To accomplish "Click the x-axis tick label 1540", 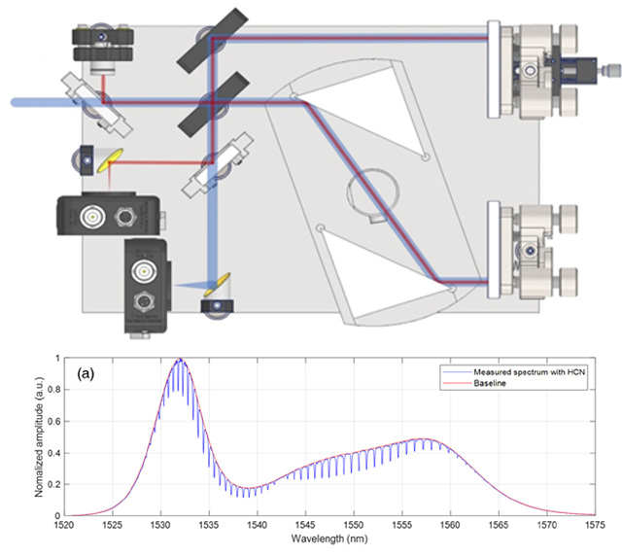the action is coord(257,525).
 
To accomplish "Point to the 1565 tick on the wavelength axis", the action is coord(499,525).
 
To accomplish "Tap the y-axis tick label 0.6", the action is coord(54,422).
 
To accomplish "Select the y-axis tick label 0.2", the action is coord(54,485).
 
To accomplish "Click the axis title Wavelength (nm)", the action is coord(329,539).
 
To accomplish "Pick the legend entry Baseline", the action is coord(490,383).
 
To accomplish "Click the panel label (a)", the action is coord(86,373).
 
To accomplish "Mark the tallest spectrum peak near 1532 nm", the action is coord(181,359).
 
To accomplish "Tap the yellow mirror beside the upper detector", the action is coord(110,160).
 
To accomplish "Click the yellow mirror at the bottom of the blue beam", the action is coord(218,285).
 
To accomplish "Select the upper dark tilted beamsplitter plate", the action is coord(213,40).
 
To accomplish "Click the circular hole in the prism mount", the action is coord(373,191).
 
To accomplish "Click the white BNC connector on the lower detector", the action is coord(144,272).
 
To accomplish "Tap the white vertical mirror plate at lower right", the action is coord(494,249).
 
